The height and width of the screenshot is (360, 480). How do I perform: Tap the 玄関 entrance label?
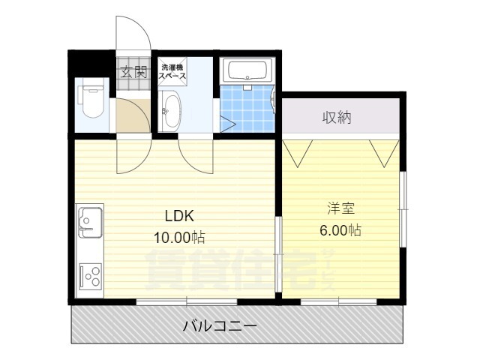(134, 73)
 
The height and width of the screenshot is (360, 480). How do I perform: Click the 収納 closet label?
(337, 117)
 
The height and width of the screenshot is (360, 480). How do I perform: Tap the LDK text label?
(180, 217)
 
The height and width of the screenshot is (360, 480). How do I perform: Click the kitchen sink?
(89, 223)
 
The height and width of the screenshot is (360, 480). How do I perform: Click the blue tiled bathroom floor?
(246, 109)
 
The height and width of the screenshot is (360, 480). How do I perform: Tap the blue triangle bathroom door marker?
(226, 124)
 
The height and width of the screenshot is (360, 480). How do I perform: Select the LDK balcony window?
(187, 301)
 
